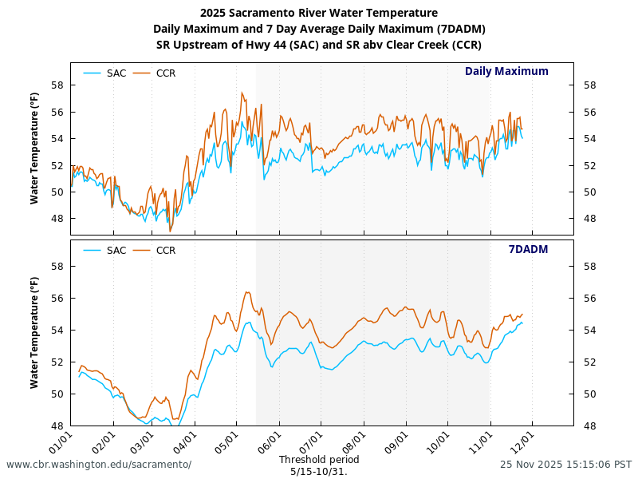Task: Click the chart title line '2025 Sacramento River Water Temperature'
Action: click(x=319, y=13)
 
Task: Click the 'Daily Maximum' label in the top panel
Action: click(x=506, y=71)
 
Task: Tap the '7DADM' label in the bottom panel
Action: click(x=528, y=249)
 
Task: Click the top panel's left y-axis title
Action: click(x=34, y=148)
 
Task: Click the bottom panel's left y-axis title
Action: click(x=34, y=333)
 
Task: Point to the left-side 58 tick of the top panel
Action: click(x=57, y=85)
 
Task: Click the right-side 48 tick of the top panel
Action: click(x=590, y=219)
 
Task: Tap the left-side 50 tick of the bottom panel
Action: click(x=57, y=394)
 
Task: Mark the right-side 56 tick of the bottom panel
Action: click(x=590, y=298)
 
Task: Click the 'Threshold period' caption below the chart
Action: click(x=319, y=460)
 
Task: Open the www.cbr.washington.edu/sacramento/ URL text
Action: click(x=99, y=465)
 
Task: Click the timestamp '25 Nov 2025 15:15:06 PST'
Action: click(x=566, y=465)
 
